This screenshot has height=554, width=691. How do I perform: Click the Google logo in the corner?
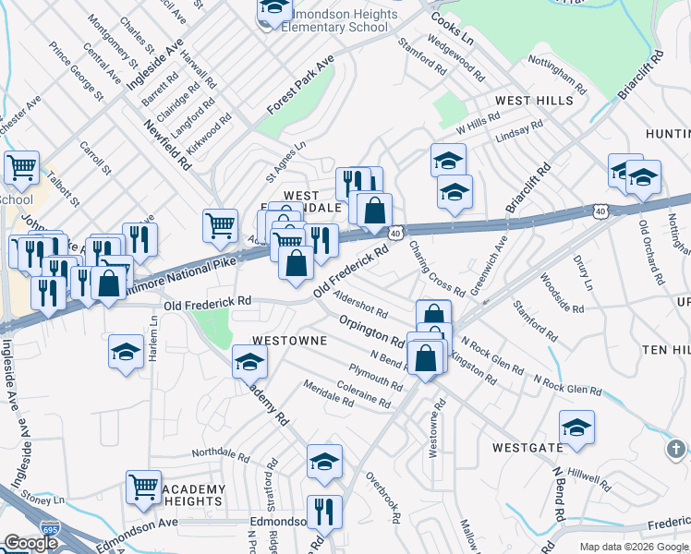30,543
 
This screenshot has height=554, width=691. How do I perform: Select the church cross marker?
675,449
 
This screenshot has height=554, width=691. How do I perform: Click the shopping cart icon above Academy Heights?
143,487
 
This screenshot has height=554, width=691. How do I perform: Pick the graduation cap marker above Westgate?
576,428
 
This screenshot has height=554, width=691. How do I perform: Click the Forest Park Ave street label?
300,83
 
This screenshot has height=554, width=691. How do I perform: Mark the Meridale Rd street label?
328,394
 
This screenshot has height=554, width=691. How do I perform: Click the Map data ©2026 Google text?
635,547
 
